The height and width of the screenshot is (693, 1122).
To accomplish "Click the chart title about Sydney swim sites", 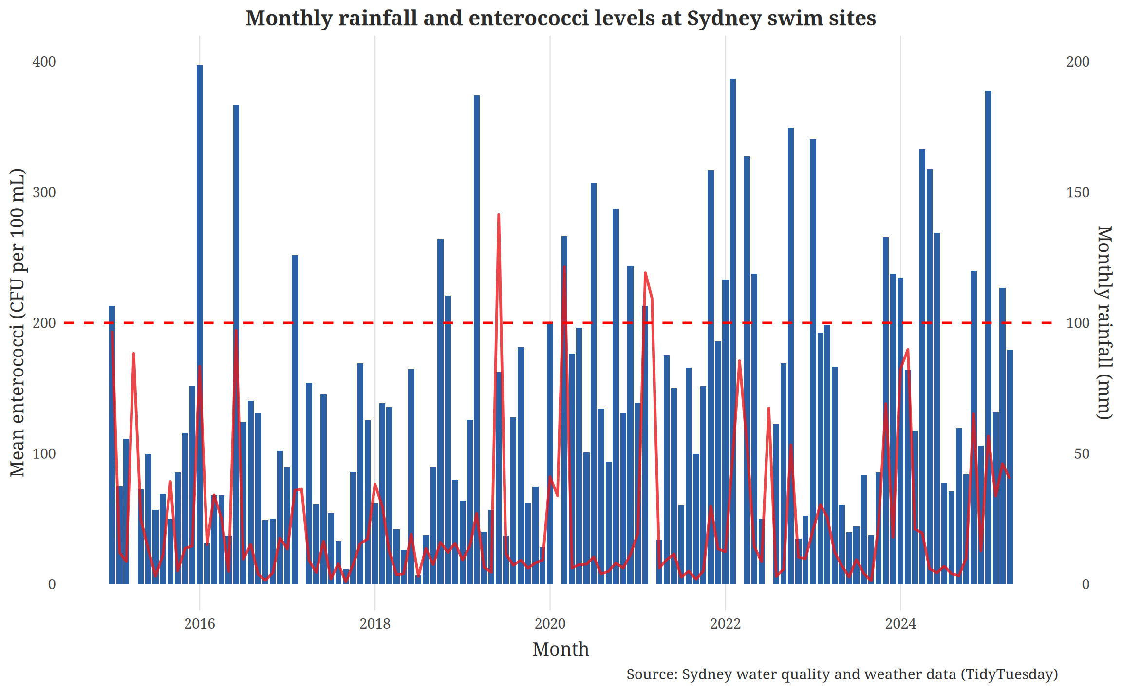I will pyautogui.click(x=561, y=19).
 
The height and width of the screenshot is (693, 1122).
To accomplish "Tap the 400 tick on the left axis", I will pyautogui.click(x=44, y=62).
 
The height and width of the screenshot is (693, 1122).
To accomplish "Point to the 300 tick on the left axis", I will pyautogui.click(x=44, y=192).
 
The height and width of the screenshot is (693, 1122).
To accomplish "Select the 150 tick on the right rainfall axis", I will pyautogui.click(x=1078, y=192).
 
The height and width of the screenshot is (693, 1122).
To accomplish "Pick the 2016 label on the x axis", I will pyautogui.click(x=200, y=624).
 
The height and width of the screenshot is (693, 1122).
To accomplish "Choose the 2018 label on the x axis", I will pyautogui.click(x=375, y=624).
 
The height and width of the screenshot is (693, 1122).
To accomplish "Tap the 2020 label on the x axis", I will pyautogui.click(x=550, y=624).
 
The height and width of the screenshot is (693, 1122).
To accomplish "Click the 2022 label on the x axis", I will pyautogui.click(x=726, y=624).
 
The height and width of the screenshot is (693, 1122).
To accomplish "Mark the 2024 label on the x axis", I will pyautogui.click(x=900, y=624).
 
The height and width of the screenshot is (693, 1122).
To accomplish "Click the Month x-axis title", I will pyautogui.click(x=561, y=649).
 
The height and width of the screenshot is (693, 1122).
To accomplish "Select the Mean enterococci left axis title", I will pyautogui.click(x=18, y=322).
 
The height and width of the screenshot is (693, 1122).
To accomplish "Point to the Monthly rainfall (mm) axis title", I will pyautogui.click(x=1104, y=322).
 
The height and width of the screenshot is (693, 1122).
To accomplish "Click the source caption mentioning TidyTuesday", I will pyautogui.click(x=842, y=674).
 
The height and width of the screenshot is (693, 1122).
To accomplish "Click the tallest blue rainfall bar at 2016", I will pyautogui.click(x=200, y=292).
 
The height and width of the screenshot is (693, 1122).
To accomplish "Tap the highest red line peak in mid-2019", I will pyautogui.click(x=499, y=215).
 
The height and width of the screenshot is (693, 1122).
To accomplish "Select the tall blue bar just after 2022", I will pyautogui.click(x=733, y=292).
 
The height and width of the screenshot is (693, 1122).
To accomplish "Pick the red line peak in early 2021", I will pyautogui.click(x=645, y=273).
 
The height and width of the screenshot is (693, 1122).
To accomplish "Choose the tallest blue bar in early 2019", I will pyautogui.click(x=477, y=292).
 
